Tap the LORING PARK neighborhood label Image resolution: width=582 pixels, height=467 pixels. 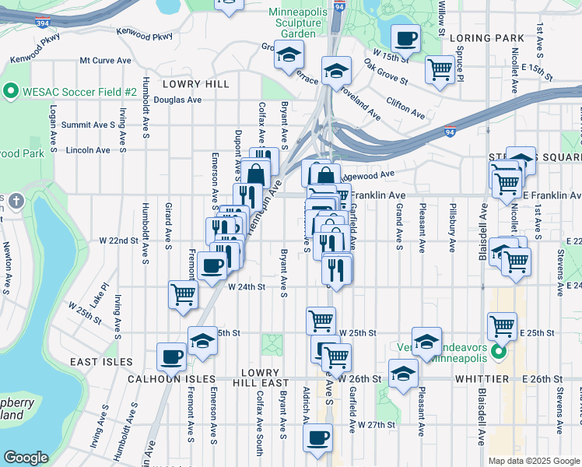pos(481,37)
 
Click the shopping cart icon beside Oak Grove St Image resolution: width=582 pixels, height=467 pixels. pos(440,70)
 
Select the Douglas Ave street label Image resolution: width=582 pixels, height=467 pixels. pos(177,100)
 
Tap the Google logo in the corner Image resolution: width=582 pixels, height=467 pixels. pos(26,458)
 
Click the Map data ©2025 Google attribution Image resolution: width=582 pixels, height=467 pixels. pos(534,461)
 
